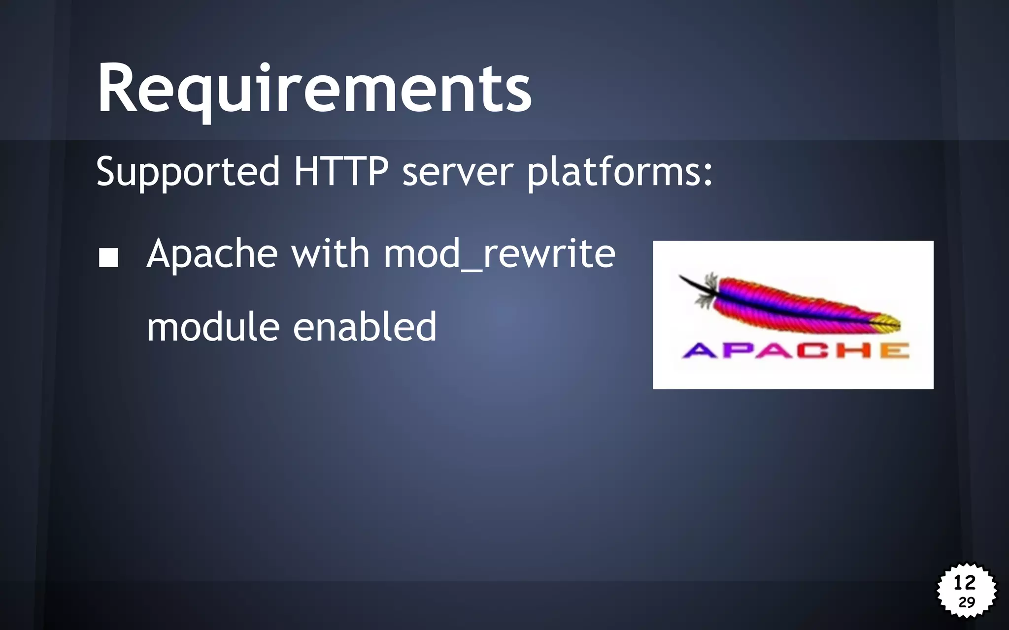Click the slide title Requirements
[x=314, y=89]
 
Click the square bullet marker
[x=108, y=257]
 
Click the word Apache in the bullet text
[x=212, y=254]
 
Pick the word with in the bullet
[x=330, y=253]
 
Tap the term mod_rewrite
[x=499, y=254]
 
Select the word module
[x=213, y=327]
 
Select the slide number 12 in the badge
[x=964, y=583]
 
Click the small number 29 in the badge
[x=967, y=602]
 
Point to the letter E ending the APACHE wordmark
[x=894, y=350]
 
